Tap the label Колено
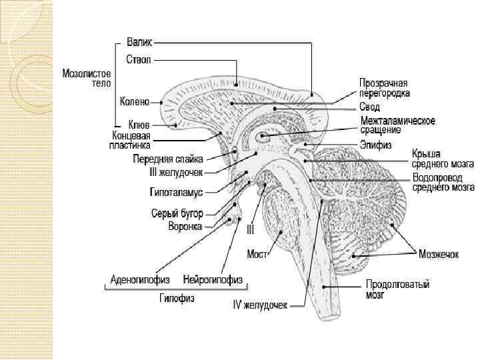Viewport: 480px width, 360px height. [135, 103]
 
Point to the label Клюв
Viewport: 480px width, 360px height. [139, 125]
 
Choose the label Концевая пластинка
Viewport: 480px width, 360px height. [131, 139]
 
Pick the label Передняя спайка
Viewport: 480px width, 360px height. [167, 159]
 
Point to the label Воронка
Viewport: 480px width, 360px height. [185, 226]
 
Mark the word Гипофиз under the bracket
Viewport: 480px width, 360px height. [176, 299]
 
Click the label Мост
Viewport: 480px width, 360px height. [257, 253]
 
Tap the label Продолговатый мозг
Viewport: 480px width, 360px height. [397, 290]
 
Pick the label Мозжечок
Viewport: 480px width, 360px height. [440, 253]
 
